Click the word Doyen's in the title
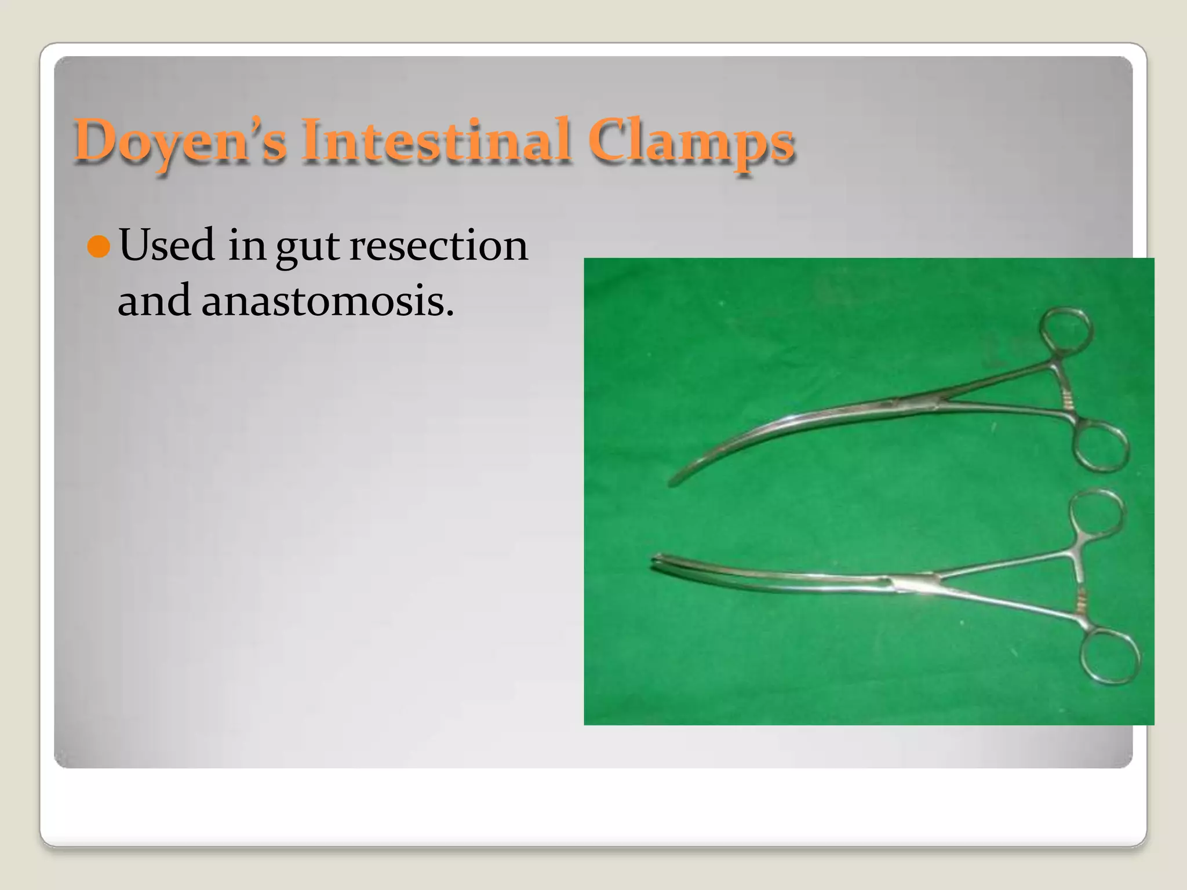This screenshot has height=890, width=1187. (180, 141)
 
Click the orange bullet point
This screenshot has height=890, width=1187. (99, 247)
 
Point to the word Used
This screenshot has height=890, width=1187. (167, 245)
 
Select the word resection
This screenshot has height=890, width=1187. (439, 245)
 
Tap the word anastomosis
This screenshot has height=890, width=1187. (327, 301)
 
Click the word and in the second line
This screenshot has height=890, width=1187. (154, 301)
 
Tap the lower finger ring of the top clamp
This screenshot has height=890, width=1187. (1099, 447)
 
